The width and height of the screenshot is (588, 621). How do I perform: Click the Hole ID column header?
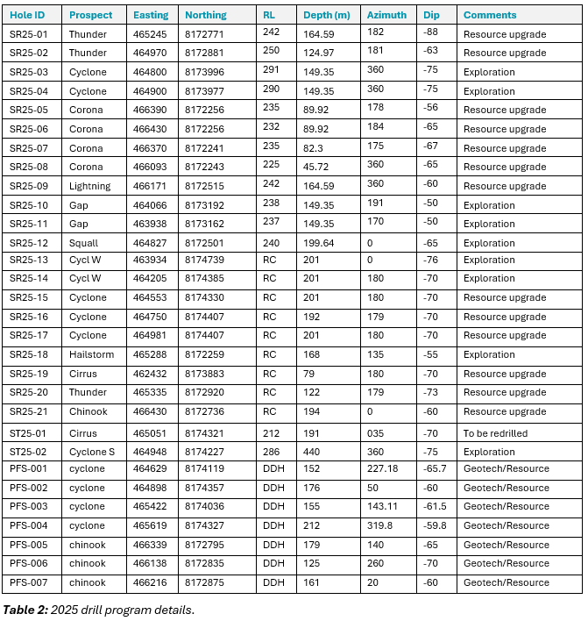[x=27, y=15]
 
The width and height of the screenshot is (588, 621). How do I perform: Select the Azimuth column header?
[x=386, y=15]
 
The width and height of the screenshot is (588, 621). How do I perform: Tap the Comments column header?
[x=490, y=15]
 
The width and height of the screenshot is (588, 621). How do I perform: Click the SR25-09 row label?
[x=29, y=186]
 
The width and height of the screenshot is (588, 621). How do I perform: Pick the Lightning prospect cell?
[x=90, y=186]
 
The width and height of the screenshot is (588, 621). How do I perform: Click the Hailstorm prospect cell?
[x=91, y=355]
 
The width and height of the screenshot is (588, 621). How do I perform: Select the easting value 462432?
[x=149, y=375]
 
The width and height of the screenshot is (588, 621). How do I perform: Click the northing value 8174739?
[x=205, y=261]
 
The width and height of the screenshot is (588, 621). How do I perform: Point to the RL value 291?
[x=271, y=72]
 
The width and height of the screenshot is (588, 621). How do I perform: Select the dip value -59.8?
[x=435, y=526]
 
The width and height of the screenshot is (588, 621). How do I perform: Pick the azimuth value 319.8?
[x=379, y=526]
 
